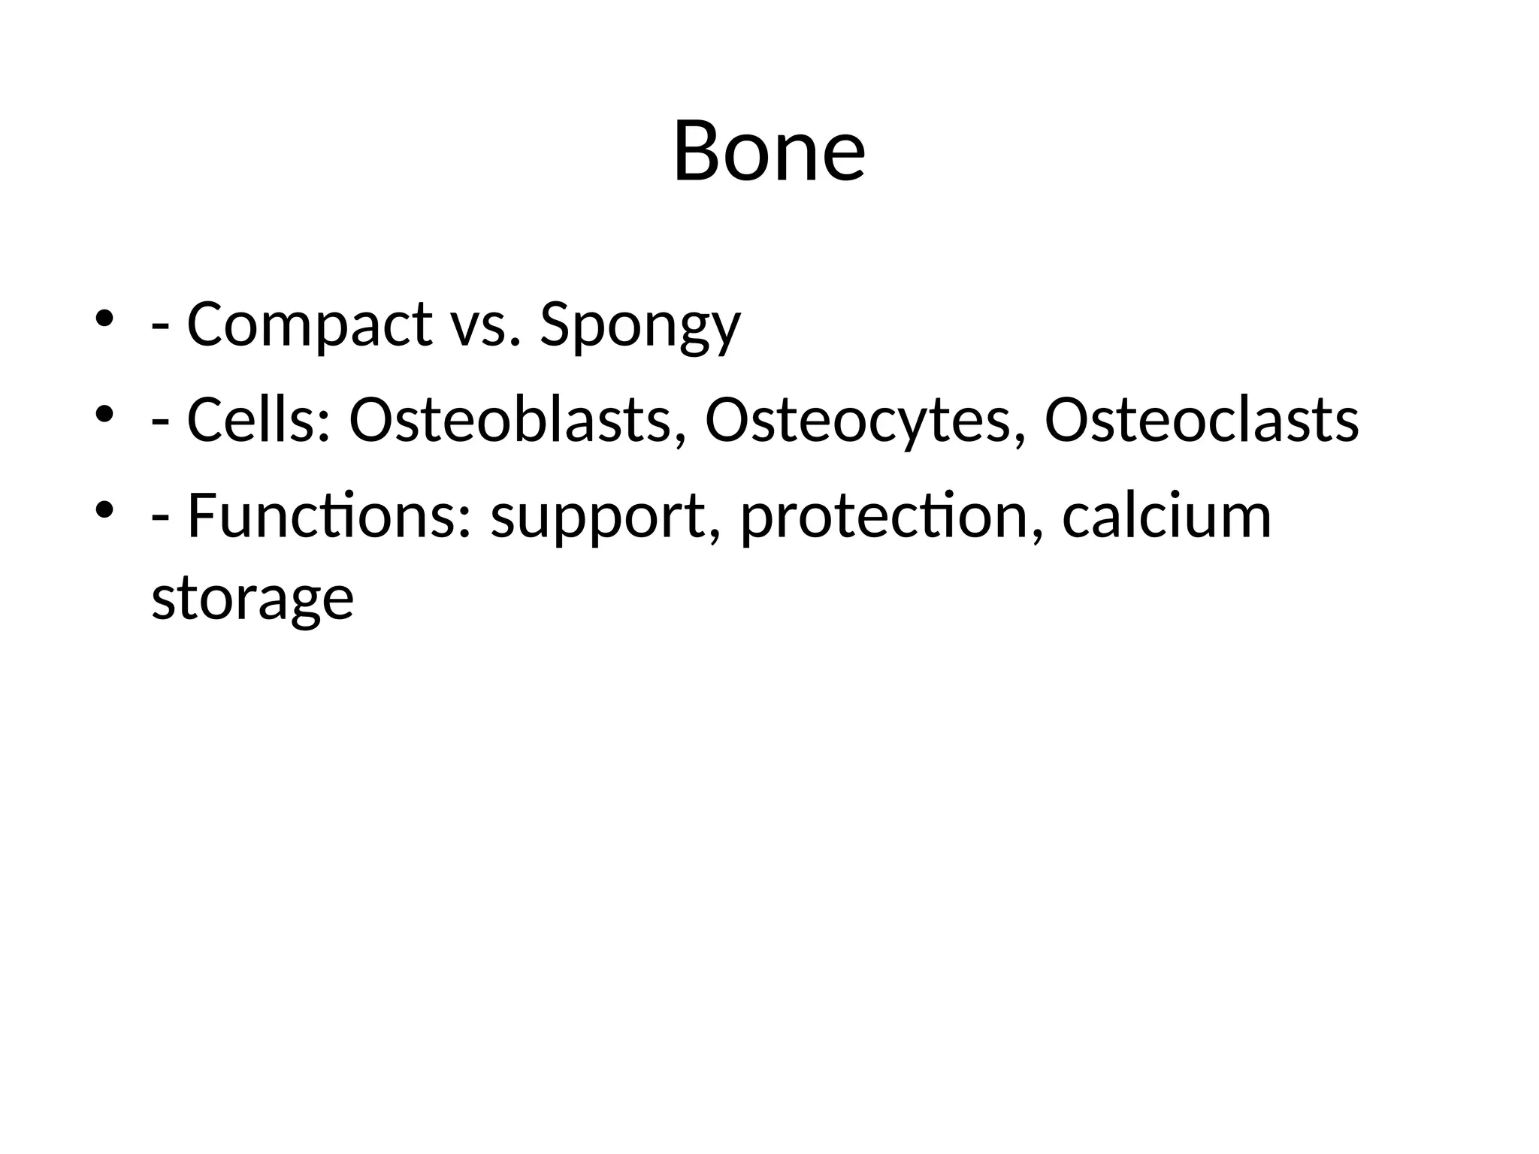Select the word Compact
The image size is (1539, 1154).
click(309, 325)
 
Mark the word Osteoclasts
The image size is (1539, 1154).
click(1202, 420)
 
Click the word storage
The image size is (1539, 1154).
click(252, 600)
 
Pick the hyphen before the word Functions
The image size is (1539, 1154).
click(159, 521)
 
